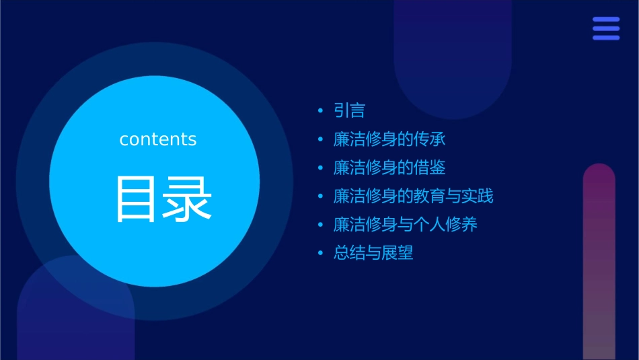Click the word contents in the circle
tap(158, 139)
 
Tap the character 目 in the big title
tap(138, 199)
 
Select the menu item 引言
tap(349, 111)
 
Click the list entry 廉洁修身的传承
tap(389, 139)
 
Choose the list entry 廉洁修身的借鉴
tap(389, 168)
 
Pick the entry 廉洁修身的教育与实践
tap(413, 196)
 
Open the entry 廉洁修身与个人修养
tap(405, 225)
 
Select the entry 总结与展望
tap(373, 253)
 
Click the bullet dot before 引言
tap(320, 111)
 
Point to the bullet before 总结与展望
tap(320, 254)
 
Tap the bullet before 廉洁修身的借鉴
tap(320, 168)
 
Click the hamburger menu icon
tap(606, 28)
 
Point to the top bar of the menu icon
tap(606, 20)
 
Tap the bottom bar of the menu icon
tap(606, 38)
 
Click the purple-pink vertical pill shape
tap(599, 262)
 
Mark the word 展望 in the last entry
tap(397, 253)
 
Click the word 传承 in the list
tap(430, 139)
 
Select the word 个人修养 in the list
tap(445, 225)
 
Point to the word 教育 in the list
tap(429, 196)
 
